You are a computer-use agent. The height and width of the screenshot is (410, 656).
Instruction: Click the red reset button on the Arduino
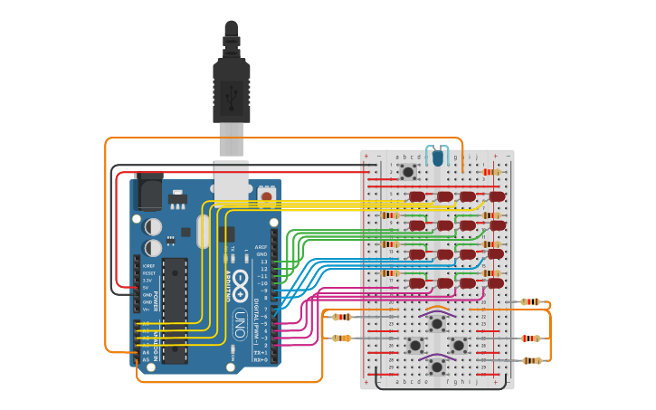pyautogui.click(x=266, y=195)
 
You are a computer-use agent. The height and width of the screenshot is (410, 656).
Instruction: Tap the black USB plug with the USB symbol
pyautogui.click(x=231, y=91)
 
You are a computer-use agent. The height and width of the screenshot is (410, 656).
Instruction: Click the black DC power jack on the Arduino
pyautogui.click(x=147, y=191)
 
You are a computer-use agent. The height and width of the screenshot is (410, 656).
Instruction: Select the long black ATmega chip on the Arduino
pyautogui.click(x=175, y=309)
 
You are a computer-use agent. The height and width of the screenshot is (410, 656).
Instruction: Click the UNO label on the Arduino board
pyautogui.click(x=240, y=321)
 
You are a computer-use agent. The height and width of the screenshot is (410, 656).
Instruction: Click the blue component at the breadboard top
pyautogui.click(x=438, y=157)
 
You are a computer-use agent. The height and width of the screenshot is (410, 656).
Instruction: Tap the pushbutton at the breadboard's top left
pyautogui.click(x=408, y=171)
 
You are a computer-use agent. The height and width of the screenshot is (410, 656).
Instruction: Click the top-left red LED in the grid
pyautogui.click(x=416, y=196)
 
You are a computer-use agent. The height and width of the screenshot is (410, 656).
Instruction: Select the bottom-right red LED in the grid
pyautogui.click(x=496, y=283)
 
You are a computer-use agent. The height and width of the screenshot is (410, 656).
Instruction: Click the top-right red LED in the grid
pyautogui.click(x=497, y=196)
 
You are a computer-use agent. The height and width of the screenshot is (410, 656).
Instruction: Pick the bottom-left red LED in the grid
pyautogui.click(x=416, y=283)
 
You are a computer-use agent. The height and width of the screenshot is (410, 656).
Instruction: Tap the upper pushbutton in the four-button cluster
pyautogui.click(x=437, y=323)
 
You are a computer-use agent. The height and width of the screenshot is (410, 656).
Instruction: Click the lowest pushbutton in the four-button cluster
pyautogui.click(x=437, y=367)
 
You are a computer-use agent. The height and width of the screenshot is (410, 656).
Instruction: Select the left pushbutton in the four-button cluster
pyautogui.click(x=415, y=345)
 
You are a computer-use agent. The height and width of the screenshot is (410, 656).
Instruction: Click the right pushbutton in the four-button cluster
pyautogui.click(x=459, y=345)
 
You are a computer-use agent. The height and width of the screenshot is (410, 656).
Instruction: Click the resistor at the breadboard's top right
pyautogui.click(x=491, y=172)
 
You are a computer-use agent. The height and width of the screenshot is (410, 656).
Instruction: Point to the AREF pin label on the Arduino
pyautogui.click(x=261, y=247)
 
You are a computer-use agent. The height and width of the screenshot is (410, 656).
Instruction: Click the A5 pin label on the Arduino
pyautogui.click(x=146, y=359)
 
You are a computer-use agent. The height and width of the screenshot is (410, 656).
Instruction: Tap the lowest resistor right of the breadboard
pyautogui.click(x=532, y=360)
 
